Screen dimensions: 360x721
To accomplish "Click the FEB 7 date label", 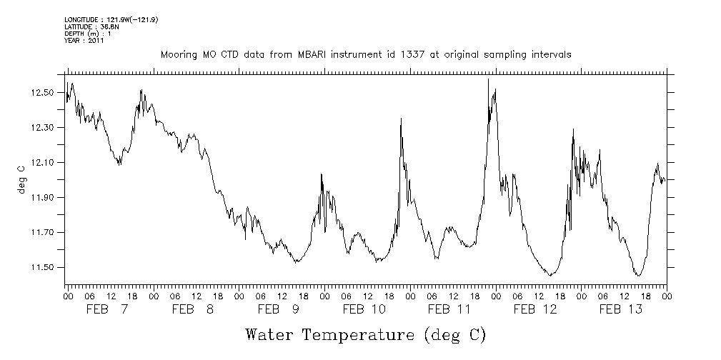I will click(108, 309).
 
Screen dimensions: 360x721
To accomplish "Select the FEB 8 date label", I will click(193, 309).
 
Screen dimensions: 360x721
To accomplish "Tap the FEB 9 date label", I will click(279, 309).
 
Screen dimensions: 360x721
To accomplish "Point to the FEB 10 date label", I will click(364, 309).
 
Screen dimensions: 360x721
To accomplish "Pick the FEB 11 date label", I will click(449, 309).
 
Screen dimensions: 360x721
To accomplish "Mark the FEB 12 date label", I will click(535, 309).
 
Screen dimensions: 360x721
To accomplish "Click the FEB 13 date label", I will click(620, 309).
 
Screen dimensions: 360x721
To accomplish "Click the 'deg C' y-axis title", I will click(21, 178).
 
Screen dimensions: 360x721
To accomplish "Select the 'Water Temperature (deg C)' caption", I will click(366, 334).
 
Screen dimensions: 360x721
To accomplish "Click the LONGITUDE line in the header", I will click(111, 19).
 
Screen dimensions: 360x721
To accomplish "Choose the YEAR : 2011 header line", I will click(85, 41).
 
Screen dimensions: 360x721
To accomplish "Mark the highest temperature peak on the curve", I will click(488, 79).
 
